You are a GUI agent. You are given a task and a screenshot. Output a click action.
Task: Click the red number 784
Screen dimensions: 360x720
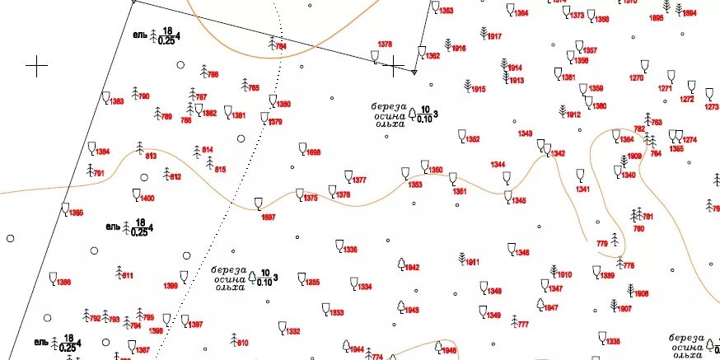[x=281, y=47]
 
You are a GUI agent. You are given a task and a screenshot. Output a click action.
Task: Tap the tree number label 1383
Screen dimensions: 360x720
[x=117, y=101]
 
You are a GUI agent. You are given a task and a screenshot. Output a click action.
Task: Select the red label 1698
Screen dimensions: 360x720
[x=314, y=153]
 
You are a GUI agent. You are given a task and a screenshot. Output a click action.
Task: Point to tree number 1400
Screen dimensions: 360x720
[x=147, y=199]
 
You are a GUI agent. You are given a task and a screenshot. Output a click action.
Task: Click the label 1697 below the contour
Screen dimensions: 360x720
[x=268, y=217]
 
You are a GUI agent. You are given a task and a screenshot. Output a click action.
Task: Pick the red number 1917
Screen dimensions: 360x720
[x=494, y=37]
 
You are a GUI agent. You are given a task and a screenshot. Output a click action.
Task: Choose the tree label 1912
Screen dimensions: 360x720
[x=573, y=115]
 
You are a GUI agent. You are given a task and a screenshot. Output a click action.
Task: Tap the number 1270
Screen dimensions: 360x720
[x=636, y=78]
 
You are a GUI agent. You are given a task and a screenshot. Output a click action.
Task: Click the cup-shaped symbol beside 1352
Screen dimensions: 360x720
[x=462, y=135]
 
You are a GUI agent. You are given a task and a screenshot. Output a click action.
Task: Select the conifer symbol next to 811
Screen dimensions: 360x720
[x=119, y=271]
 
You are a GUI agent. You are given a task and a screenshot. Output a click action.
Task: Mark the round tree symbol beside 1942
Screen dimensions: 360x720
[x=401, y=264]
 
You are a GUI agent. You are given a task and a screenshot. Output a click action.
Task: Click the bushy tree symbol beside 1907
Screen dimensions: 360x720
[x=614, y=305]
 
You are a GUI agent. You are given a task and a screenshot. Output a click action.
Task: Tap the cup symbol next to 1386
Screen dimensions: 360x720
[x=54, y=278]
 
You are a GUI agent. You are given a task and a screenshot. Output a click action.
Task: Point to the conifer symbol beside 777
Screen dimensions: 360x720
[x=515, y=320]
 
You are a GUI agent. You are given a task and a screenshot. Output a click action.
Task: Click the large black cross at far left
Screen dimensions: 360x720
[x=36, y=66]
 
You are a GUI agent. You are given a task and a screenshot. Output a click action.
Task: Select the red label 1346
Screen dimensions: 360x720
[x=522, y=252]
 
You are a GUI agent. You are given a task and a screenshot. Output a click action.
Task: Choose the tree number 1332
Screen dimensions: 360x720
[x=293, y=332]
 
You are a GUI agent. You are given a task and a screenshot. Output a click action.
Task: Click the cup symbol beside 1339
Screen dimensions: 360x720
[x=596, y=270]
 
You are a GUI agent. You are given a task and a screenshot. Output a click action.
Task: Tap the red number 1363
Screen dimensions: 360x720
[x=446, y=11]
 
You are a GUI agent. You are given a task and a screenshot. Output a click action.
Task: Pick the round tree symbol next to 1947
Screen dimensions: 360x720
[x=540, y=304]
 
